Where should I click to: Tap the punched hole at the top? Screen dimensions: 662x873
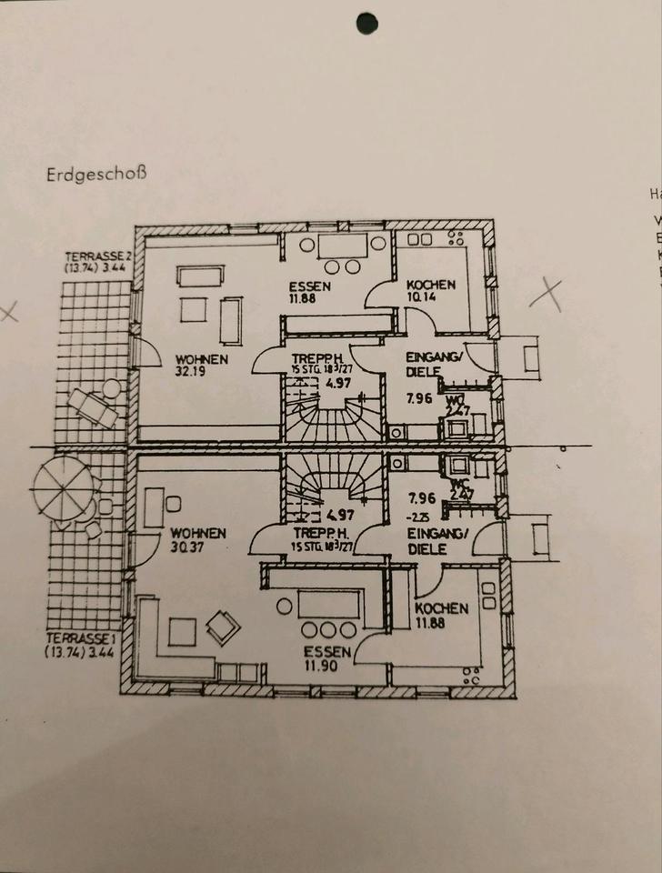366,24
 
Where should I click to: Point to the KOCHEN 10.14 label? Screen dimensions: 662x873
431,290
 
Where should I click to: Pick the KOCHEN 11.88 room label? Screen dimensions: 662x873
441,614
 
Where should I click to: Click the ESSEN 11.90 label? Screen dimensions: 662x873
322,658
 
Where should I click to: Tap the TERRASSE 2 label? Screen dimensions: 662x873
98,262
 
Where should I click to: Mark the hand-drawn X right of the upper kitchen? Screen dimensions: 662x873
546,293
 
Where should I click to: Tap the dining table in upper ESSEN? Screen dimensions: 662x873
342,246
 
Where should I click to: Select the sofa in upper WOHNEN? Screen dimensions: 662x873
201,276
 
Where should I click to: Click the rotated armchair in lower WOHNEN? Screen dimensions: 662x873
223,627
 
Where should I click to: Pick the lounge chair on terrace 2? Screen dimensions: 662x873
93,408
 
